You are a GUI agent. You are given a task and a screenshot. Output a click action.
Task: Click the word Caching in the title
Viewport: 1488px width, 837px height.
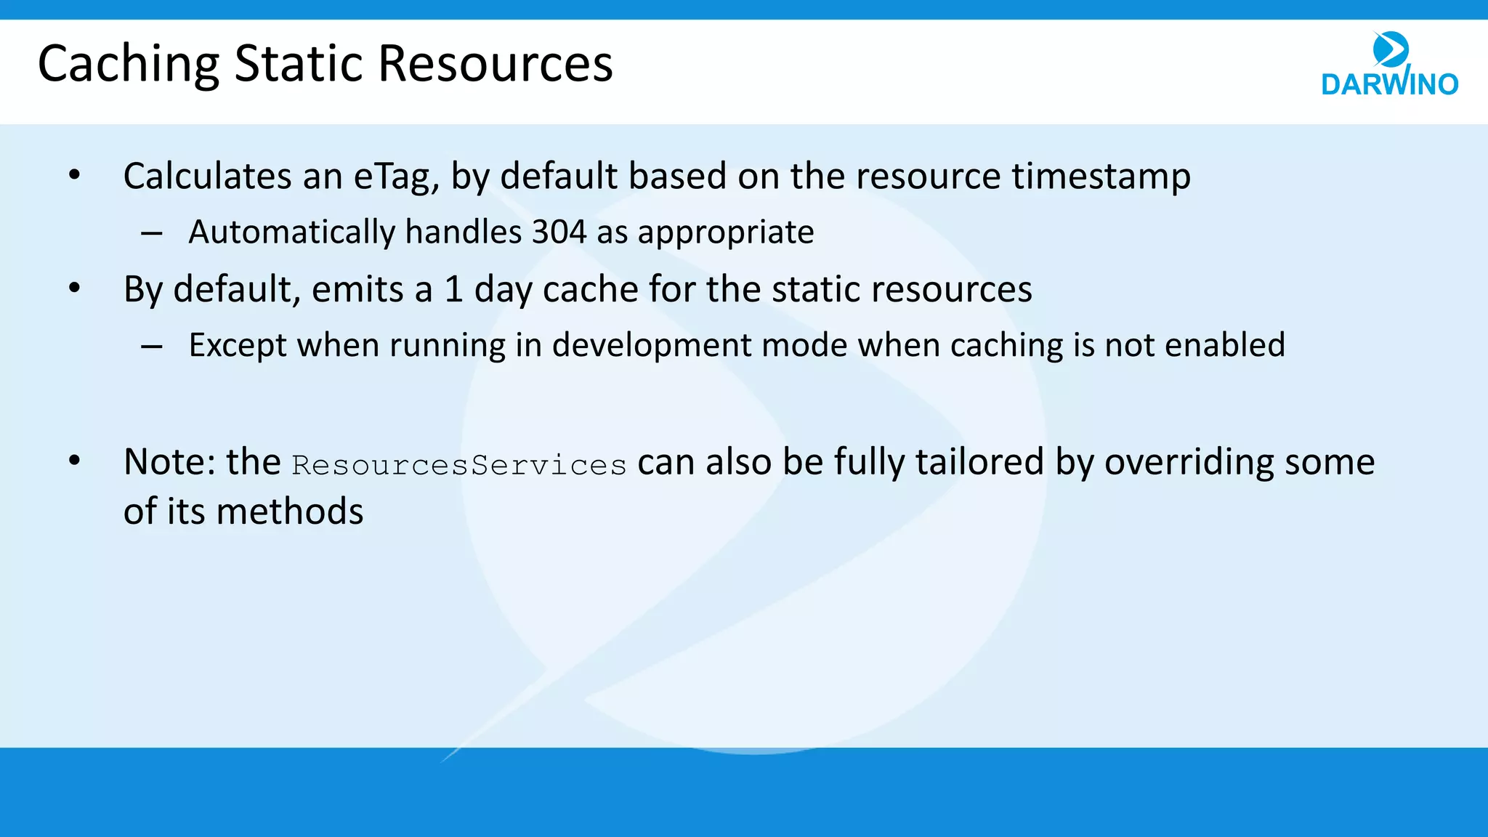click(x=128, y=64)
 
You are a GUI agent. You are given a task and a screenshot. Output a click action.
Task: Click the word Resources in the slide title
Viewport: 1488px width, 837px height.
click(x=496, y=64)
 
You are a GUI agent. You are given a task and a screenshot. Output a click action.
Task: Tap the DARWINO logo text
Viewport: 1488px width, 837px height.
click(x=1389, y=84)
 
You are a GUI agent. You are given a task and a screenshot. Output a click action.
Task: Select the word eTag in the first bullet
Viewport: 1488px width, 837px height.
click(x=396, y=177)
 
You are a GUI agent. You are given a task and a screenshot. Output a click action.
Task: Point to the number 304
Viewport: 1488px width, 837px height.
click(x=559, y=232)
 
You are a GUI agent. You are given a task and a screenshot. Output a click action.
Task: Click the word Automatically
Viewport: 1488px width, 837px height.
click(x=291, y=232)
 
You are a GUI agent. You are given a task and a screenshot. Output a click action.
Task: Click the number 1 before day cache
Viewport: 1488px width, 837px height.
click(x=453, y=289)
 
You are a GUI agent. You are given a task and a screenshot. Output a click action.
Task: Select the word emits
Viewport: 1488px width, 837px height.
click(x=357, y=289)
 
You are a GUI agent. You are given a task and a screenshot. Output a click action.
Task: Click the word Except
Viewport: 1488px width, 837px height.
click(x=238, y=345)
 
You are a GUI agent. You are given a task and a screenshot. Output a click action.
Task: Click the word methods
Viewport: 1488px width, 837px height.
click(x=290, y=511)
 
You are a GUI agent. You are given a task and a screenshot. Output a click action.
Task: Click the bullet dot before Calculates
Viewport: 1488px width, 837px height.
click(x=74, y=175)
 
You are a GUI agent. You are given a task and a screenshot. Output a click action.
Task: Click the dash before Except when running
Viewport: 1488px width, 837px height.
click(x=152, y=347)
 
